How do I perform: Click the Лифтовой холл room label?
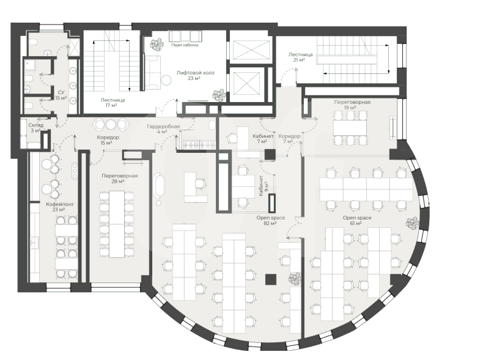pos(195,76)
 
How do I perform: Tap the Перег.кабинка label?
pos(185,45)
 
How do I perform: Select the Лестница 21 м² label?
pos(300,57)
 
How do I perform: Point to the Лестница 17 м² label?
pos(113,103)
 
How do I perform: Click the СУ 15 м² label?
pos(61,95)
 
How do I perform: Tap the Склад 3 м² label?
pos(36,128)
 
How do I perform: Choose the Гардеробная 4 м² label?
pos(163,129)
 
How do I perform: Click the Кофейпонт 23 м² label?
pos(60,207)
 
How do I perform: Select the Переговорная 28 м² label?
pos(120,178)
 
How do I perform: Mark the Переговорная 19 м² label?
pos(352,105)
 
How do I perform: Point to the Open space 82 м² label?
pos(271,221)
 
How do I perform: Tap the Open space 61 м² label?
pos(357,221)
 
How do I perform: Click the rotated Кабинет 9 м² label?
pos(264,186)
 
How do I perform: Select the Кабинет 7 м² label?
pos(263,139)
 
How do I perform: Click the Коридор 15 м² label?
pos(108,140)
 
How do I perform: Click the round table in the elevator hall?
pos(166,81)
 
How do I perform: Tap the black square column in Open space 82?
pos(271,279)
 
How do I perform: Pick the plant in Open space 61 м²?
pos(412,222)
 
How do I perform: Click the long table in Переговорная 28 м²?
pos(117,224)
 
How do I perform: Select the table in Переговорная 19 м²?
pos(350,127)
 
